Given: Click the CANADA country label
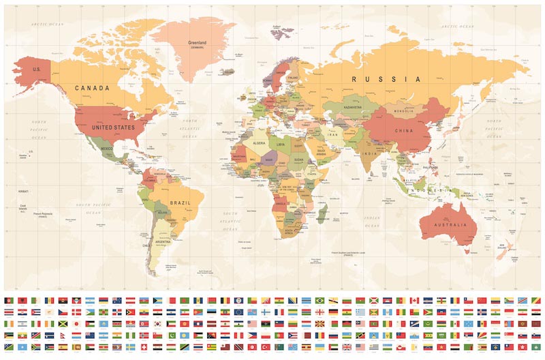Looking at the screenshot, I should click(x=92, y=88).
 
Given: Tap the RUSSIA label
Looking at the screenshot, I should click(x=387, y=79).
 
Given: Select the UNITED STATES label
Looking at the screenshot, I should click(x=113, y=126).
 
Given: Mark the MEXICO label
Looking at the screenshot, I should click(x=106, y=148).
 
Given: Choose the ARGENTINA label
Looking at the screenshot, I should click(x=163, y=241).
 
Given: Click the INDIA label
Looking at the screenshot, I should click(x=368, y=153).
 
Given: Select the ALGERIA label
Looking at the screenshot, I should click(x=259, y=144).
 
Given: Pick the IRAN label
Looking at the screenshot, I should click(x=333, y=136).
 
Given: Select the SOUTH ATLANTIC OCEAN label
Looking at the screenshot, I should click(x=232, y=216).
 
